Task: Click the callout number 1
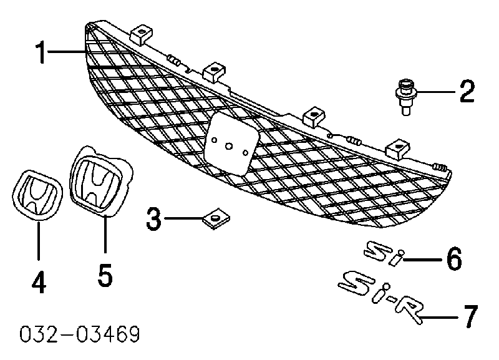(41, 52)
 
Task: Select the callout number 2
(467, 91)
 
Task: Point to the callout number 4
(39, 282)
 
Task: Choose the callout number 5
(105, 275)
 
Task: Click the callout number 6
(454, 259)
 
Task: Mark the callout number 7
(471, 316)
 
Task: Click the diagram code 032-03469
(80, 334)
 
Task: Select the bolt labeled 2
(405, 97)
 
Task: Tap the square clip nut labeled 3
(216, 218)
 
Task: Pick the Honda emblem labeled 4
(37, 195)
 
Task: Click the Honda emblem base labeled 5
(101, 180)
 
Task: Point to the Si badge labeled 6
(384, 253)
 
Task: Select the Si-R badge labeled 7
(381, 297)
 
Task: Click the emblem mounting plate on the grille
(231, 144)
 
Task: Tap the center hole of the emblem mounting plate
(229, 146)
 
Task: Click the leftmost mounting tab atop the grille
(141, 34)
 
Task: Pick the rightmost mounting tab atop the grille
(397, 149)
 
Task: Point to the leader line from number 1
(66, 52)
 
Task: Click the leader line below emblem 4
(39, 241)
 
